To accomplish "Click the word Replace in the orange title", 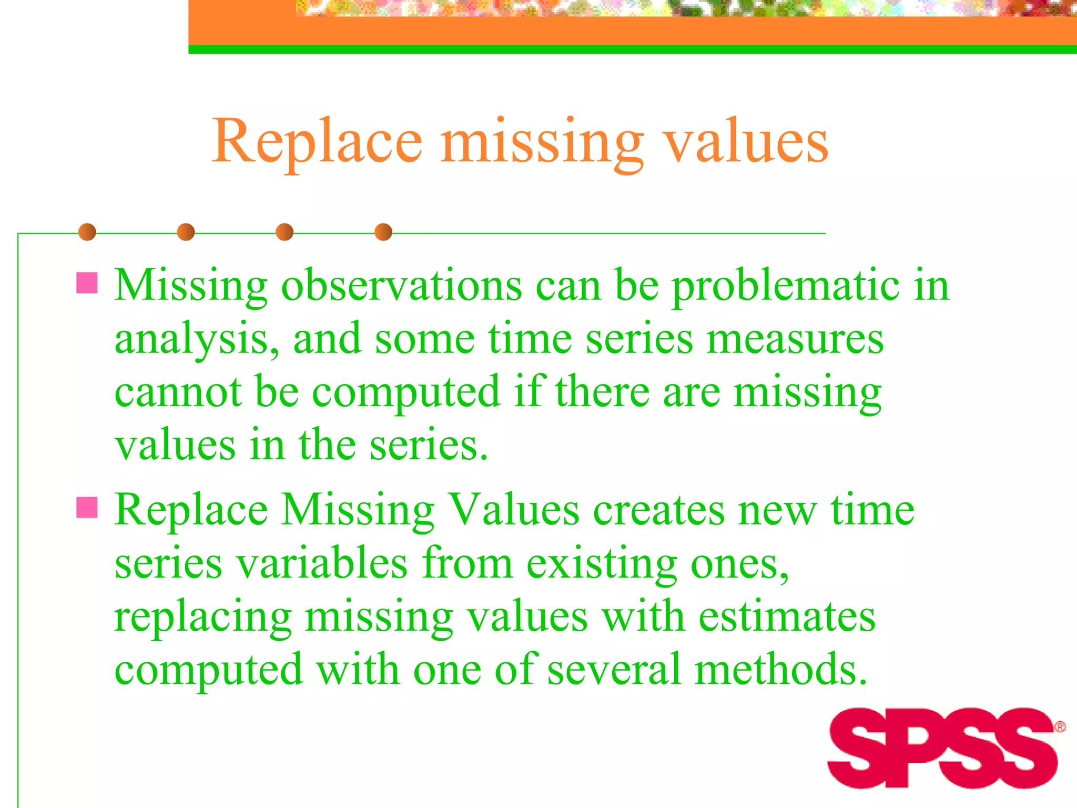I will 317,141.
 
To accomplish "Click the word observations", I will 402,286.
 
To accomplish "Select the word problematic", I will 786,286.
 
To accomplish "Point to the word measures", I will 795,339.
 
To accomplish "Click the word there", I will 603,392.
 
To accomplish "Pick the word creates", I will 659,510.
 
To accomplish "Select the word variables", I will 321,563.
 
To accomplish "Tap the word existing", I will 601,563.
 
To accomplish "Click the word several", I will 614,670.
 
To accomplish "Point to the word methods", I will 780,670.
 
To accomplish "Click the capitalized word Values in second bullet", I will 514,510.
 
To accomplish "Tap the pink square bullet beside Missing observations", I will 87,282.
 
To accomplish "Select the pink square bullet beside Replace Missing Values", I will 87,508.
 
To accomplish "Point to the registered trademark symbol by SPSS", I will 1060,727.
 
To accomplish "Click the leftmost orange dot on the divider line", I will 87,232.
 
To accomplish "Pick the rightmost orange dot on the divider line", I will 383,232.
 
